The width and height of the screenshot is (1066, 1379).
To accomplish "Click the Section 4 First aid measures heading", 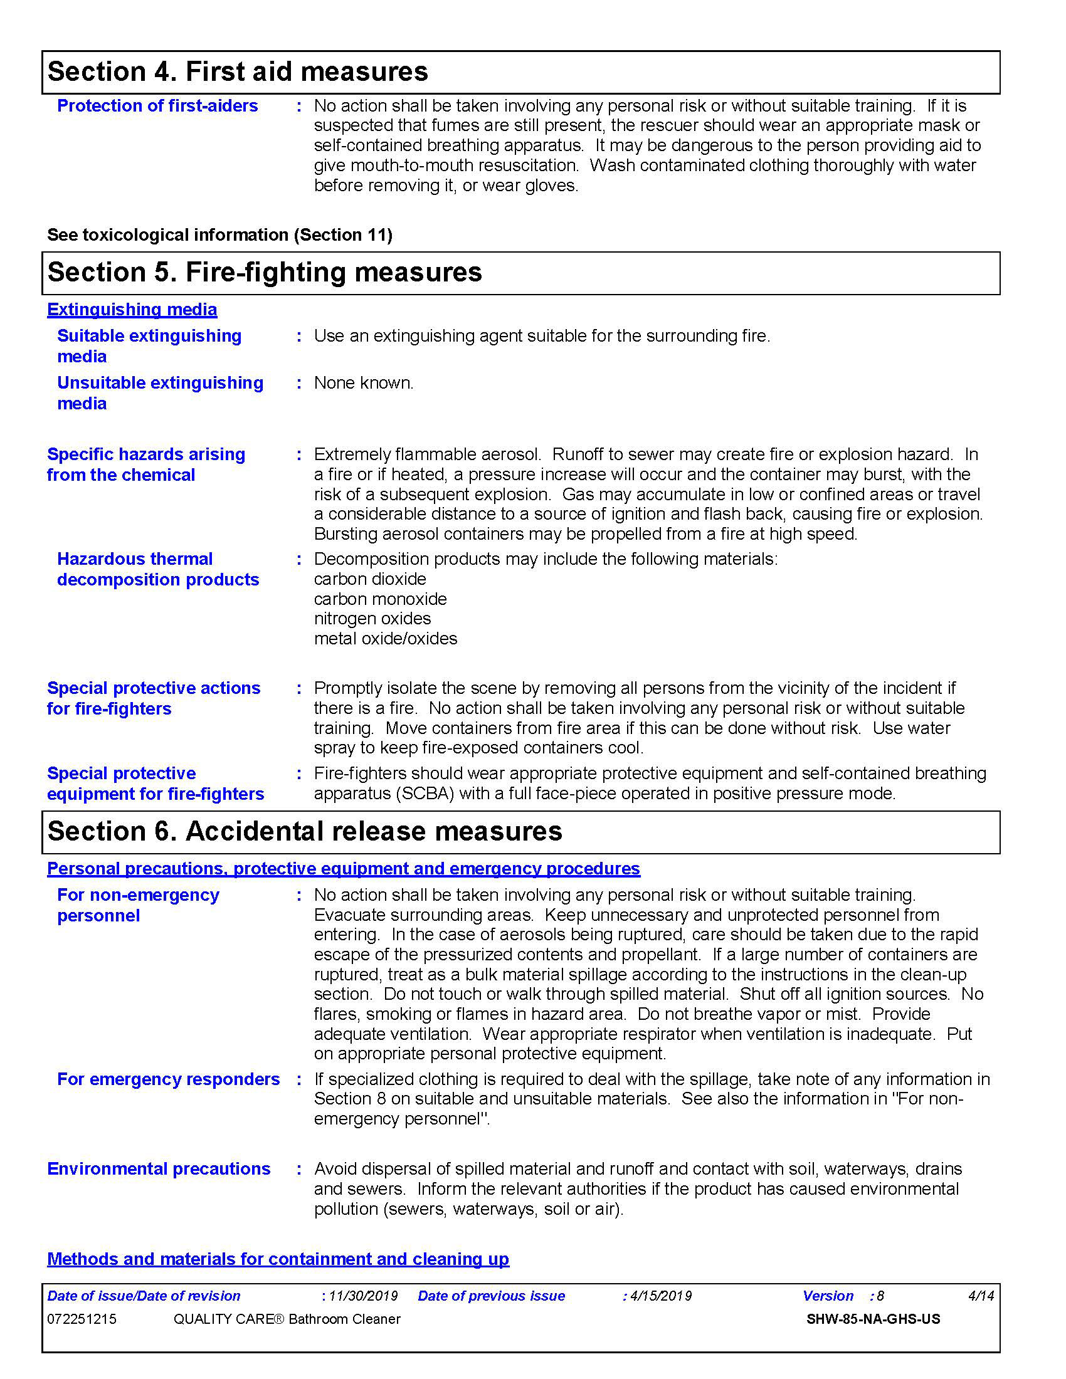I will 238,71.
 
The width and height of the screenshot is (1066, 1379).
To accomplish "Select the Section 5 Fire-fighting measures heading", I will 265,272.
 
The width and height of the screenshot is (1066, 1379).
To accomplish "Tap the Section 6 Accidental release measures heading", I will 304,831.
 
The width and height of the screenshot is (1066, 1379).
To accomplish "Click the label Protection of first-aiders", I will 157,105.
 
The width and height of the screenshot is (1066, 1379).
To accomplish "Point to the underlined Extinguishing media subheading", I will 132,310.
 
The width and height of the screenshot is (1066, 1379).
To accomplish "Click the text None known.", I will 364,382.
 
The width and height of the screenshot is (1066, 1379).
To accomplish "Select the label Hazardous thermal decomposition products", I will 158,569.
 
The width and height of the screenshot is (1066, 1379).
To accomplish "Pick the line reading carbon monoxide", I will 380,599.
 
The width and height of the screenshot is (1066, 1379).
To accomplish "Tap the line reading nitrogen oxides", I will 372,618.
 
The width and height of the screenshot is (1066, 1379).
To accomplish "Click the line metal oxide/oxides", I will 385,638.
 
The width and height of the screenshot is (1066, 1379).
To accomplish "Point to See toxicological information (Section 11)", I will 219,235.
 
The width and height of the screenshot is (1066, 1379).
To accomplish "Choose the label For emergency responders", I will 168,1079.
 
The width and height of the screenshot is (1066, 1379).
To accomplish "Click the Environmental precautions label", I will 159,1169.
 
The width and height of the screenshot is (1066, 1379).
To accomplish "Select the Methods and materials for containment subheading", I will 278,1259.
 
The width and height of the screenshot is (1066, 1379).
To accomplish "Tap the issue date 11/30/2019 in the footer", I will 363,1296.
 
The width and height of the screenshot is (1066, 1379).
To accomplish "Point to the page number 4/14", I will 981,1296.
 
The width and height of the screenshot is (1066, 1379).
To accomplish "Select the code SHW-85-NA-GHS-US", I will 873,1319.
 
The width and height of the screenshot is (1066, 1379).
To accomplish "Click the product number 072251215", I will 82,1319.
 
